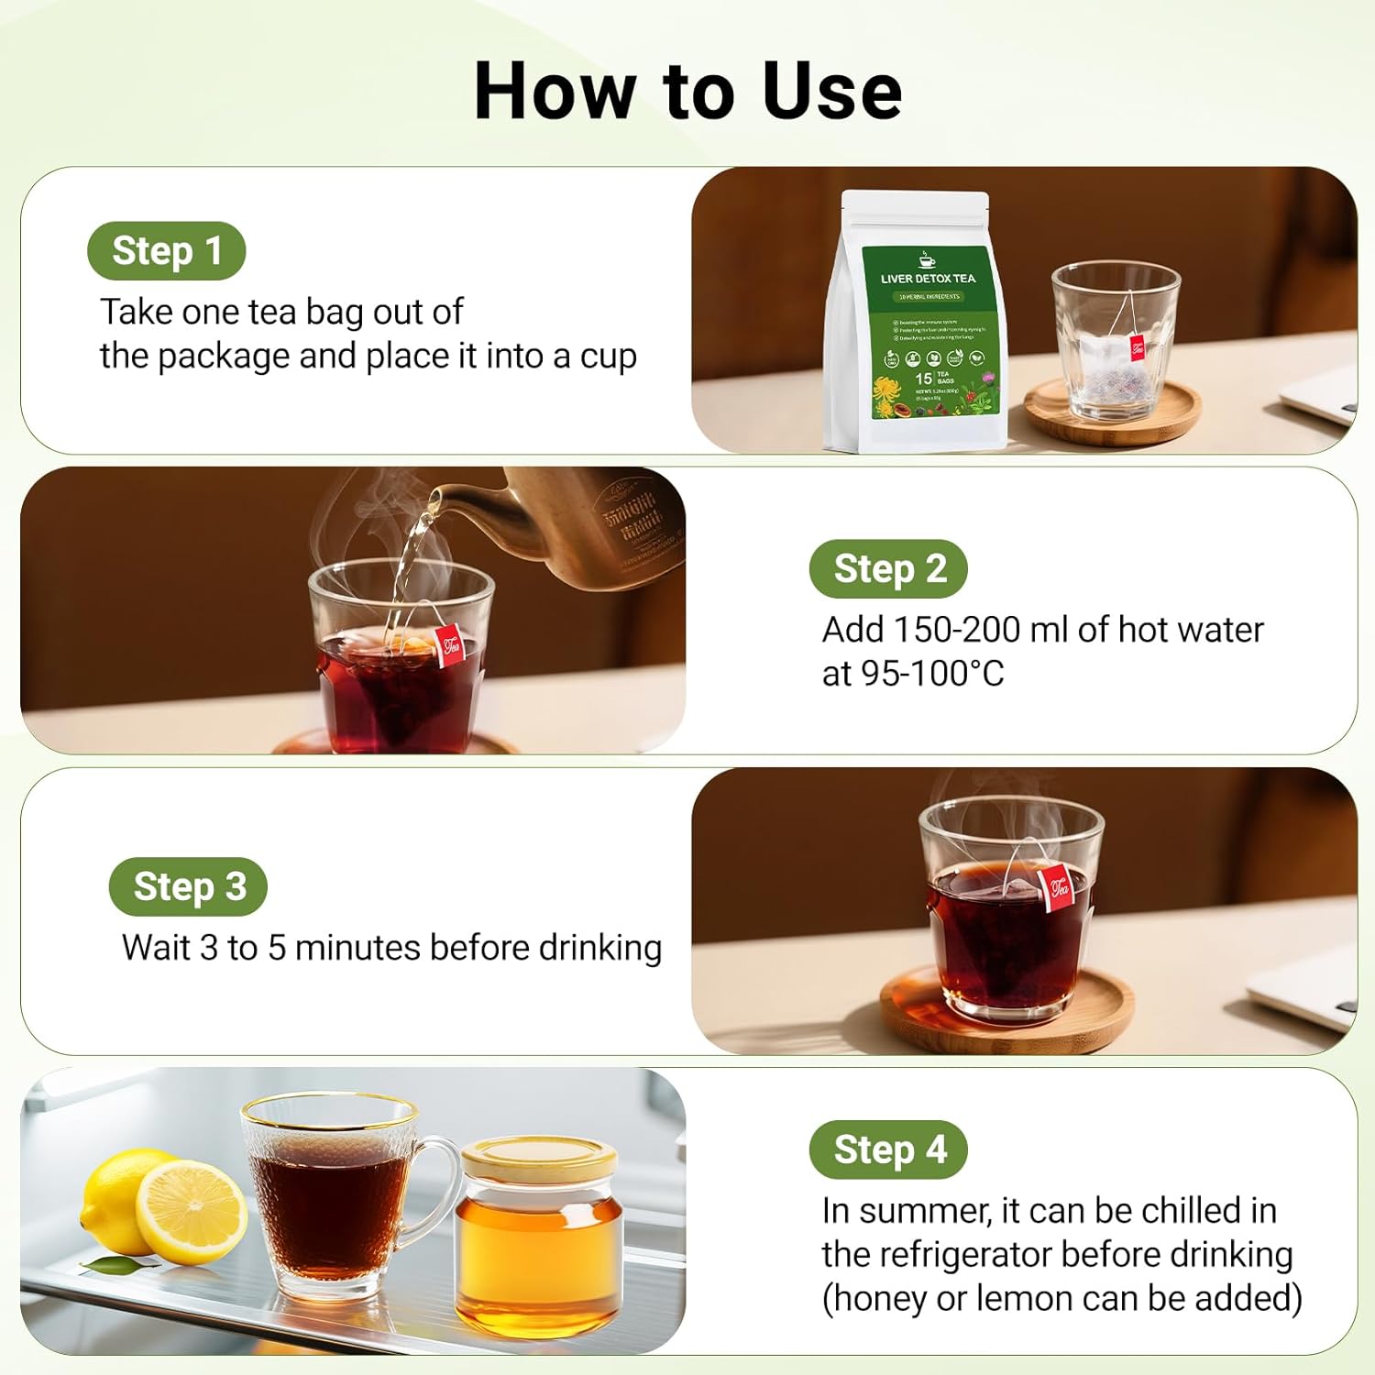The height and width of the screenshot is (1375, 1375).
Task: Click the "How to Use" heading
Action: [x=687, y=91]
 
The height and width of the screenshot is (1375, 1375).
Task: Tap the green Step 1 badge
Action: [x=167, y=251]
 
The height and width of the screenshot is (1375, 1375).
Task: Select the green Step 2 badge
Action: [x=888, y=569]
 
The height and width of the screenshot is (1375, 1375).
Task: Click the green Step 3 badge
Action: [x=189, y=887]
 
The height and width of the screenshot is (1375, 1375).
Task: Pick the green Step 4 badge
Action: [x=888, y=1149]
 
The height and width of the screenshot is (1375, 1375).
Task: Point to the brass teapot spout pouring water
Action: [x=449, y=500]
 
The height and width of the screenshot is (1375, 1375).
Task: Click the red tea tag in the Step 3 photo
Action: [x=1059, y=887]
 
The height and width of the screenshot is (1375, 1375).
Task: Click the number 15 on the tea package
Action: [x=923, y=378]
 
